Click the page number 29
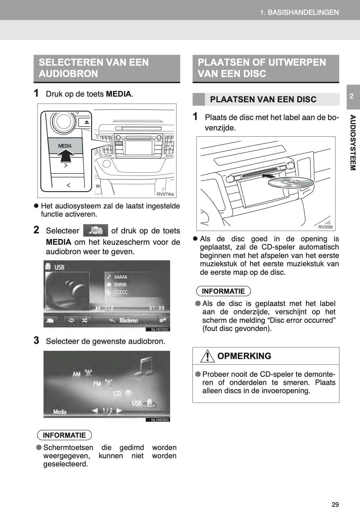(x=335, y=504)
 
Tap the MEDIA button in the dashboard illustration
(x=65, y=146)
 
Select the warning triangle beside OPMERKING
(x=207, y=356)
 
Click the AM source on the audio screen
(x=77, y=374)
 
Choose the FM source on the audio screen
(x=97, y=384)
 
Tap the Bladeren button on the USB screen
(x=128, y=321)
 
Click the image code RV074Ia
(x=165, y=194)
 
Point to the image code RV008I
(x=325, y=227)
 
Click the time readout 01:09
(x=156, y=308)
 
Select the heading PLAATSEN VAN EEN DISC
(x=263, y=99)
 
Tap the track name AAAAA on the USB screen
(x=121, y=277)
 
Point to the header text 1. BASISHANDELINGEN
(x=299, y=12)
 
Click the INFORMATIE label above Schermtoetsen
(x=64, y=435)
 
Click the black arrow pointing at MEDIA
(x=66, y=156)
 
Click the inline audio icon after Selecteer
(x=95, y=231)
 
